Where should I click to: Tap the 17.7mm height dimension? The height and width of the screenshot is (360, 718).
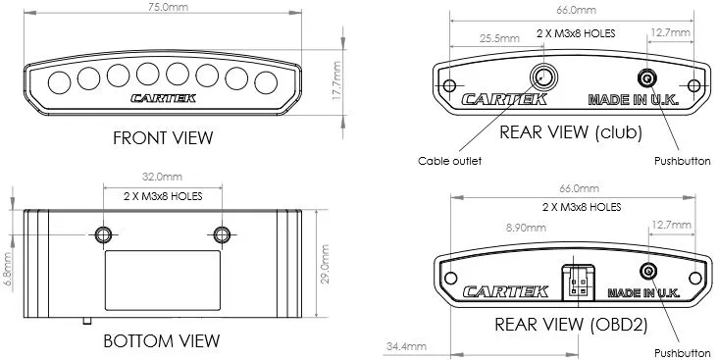[337, 80]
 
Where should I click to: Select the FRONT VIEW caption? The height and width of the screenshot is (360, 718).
[163, 138]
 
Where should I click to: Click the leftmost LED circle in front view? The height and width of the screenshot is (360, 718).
[60, 83]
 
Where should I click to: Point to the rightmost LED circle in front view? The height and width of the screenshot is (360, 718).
[266, 83]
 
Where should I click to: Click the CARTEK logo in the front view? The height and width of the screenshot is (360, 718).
[164, 98]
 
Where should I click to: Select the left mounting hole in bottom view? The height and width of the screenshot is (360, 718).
[104, 234]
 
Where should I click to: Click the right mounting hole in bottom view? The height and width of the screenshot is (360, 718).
[222, 234]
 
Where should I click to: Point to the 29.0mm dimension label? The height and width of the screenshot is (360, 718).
[325, 264]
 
